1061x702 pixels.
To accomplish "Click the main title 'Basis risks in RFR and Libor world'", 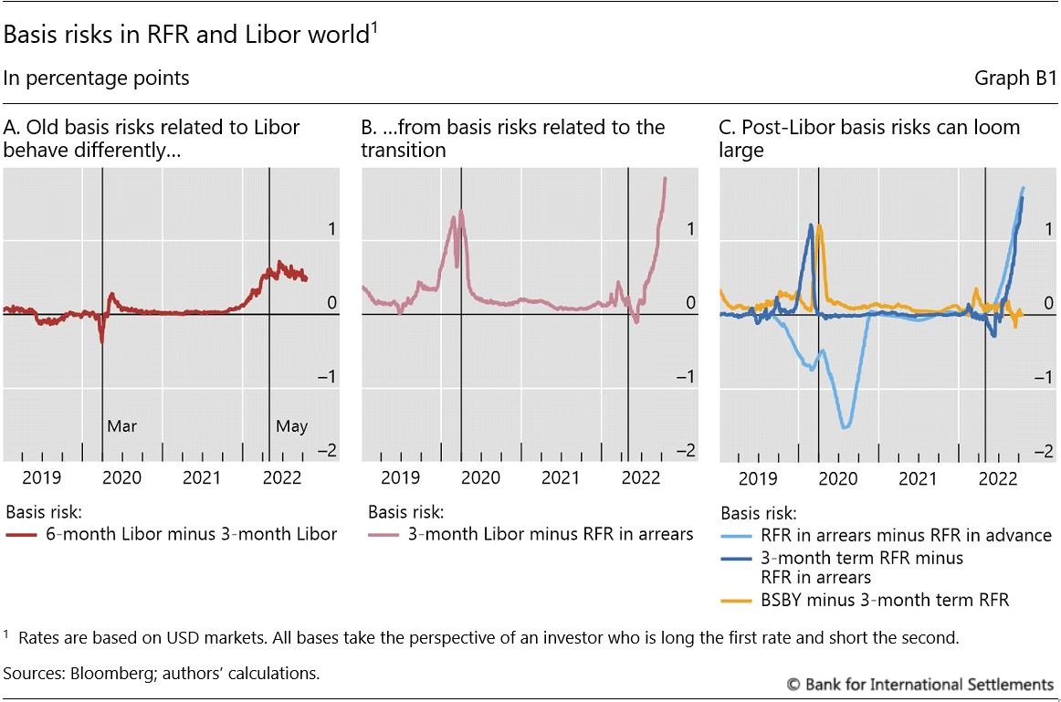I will point(187,36).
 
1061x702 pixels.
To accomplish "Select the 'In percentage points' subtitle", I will point(96,79).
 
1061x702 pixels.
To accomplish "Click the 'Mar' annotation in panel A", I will point(121,426).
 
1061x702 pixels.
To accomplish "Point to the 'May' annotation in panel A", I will point(292,426).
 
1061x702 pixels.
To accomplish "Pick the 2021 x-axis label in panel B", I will point(560,477).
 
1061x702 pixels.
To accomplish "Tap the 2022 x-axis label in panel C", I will point(998,477).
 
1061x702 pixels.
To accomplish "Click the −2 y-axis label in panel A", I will point(324,451).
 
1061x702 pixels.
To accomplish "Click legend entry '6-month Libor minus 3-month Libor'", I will point(191,535).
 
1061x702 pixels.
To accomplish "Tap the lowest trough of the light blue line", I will point(846,427).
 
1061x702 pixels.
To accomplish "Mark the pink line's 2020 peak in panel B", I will point(461,212).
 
